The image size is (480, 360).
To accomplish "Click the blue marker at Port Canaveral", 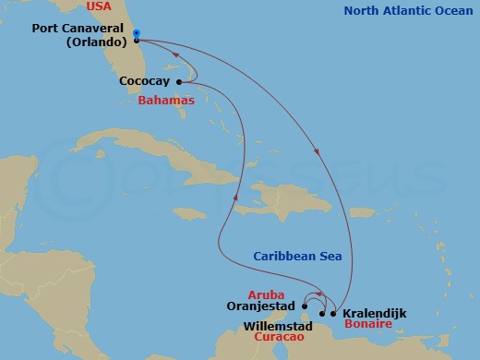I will (136, 36).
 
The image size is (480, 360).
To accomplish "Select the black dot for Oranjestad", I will (305, 306).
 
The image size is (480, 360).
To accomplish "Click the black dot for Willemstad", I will (321, 313).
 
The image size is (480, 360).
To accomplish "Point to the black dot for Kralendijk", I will (333, 313).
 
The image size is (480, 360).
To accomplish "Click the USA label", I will (99, 7).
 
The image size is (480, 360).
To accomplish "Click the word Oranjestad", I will (260, 306).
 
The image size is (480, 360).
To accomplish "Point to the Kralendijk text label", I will (374, 313).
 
